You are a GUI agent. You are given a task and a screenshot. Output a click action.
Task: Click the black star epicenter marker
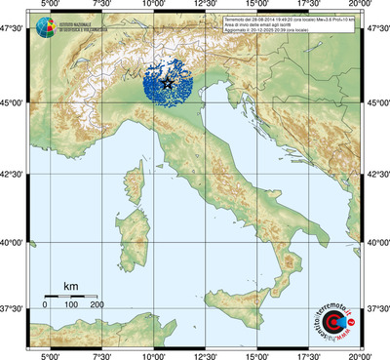(x=168, y=85)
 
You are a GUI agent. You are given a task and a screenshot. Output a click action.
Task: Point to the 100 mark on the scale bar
(x=71, y=305)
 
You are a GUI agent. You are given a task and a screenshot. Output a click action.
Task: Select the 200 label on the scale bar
(x=97, y=305)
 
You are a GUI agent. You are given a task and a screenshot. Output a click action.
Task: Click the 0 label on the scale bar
(x=45, y=305)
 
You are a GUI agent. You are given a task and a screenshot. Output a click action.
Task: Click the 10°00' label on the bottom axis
(x=153, y=355)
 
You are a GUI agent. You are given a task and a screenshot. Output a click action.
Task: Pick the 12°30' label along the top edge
(x=205, y=6)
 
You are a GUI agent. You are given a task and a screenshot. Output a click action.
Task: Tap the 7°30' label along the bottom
(x=100, y=355)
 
